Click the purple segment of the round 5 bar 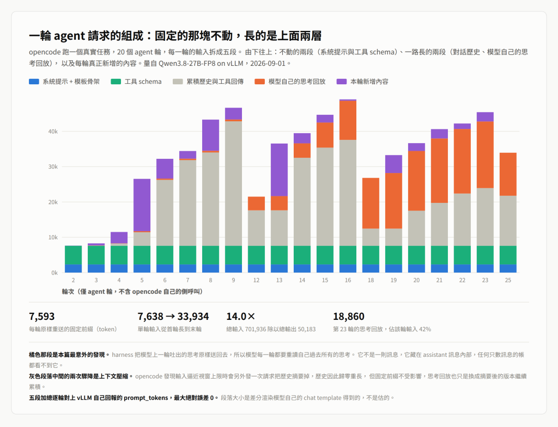coord(142,205)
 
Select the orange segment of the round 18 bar coord(371,203)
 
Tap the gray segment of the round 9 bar coord(233,183)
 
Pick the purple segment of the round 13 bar coord(280,170)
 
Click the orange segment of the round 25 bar coord(508,174)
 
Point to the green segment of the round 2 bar coord(74,255)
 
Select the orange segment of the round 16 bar coord(348,120)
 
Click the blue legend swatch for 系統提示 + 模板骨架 coord(34,82)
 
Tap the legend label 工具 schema coord(143,82)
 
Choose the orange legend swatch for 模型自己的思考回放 coord(260,82)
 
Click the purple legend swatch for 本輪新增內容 coord(342,82)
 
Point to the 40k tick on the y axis coord(53,132)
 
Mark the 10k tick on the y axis coord(53,237)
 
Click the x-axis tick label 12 coord(256,280)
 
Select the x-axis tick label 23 coord(485,280)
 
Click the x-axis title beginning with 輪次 coord(132,292)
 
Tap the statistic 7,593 coord(42,317)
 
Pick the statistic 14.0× coord(241,317)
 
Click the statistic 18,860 coord(349,317)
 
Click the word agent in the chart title coord(69,36)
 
